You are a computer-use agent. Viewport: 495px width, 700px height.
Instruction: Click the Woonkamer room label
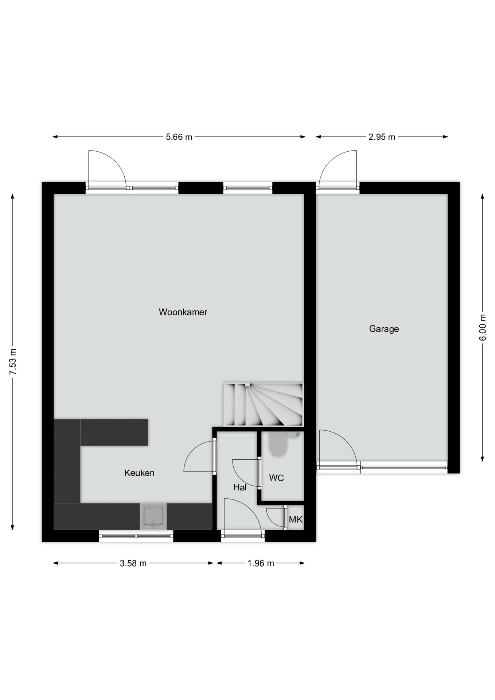click(183, 312)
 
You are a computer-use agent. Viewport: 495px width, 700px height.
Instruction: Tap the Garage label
click(384, 329)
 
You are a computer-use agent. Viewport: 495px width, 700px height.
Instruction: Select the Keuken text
click(139, 473)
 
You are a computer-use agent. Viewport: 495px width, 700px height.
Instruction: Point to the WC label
click(276, 478)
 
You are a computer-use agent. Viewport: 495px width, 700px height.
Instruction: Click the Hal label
click(240, 487)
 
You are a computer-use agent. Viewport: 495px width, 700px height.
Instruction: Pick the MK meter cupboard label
click(296, 519)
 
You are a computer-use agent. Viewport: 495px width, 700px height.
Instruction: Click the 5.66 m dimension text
click(179, 137)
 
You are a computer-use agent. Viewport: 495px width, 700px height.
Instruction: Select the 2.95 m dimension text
click(382, 137)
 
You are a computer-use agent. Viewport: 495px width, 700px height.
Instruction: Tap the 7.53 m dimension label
click(13, 362)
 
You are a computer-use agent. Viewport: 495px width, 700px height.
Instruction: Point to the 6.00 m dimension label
click(483, 327)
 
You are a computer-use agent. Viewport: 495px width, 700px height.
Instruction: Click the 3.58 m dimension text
click(133, 563)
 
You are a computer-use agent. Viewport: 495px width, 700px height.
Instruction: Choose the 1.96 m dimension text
click(261, 563)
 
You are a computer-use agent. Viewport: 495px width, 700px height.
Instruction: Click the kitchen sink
click(153, 516)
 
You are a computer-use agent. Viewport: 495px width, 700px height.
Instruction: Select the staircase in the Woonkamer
click(263, 404)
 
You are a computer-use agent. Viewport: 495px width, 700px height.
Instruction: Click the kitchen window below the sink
click(136, 536)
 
